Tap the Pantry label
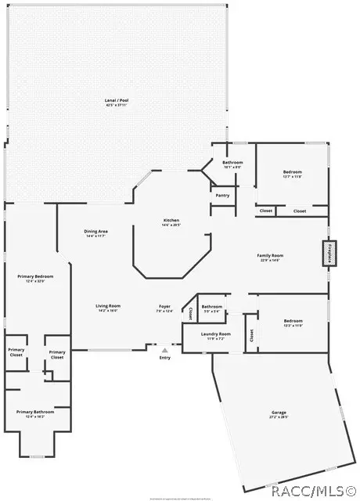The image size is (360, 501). tap(221, 195)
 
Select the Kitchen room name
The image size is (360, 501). tap(171, 221)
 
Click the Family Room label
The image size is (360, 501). tap(271, 255)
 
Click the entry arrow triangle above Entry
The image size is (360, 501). tap(164, 350)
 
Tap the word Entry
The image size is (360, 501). tap(164, 358)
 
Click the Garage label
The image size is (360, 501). tap(279, 412)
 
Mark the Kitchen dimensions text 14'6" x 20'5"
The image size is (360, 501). tap(171, 226)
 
